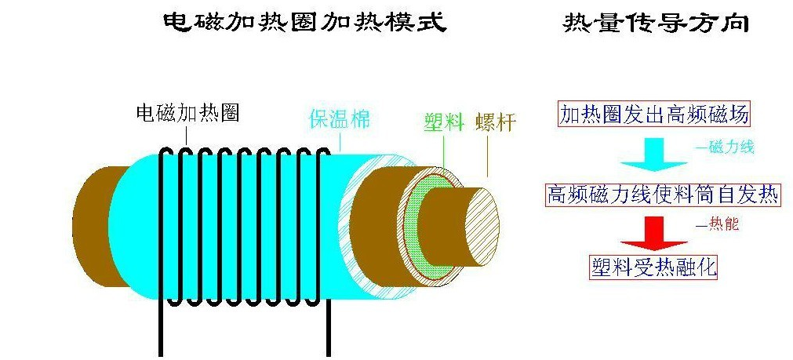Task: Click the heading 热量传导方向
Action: tap(656, 22)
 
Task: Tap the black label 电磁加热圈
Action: tap(187, 114)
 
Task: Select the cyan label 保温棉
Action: tap(339, 120)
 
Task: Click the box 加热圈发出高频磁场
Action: tap(653, 115)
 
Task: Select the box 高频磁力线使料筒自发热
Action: tap(663, 194)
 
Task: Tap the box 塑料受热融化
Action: tap(653, 267)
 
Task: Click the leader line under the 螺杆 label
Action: tap(488, 157)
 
